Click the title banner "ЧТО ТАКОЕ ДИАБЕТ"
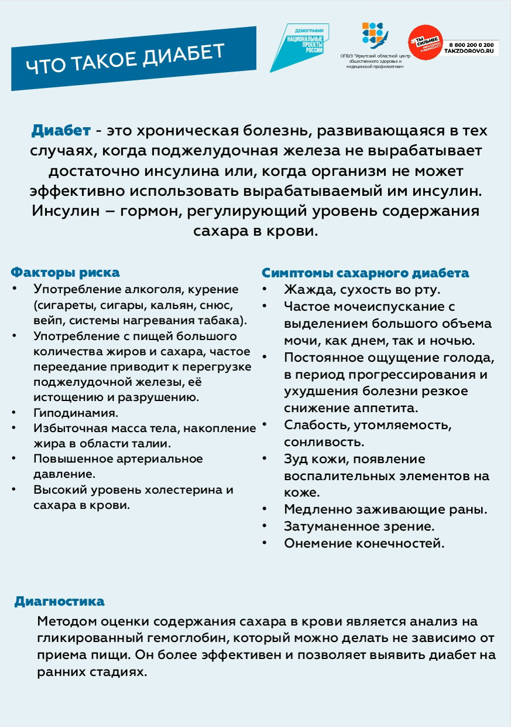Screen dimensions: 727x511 126,59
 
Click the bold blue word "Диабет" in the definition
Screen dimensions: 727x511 61,130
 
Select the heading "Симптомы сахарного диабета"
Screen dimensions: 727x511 365,273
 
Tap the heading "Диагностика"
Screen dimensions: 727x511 59,602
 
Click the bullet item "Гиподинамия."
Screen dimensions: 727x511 76,413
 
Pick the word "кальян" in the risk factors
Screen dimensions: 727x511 171,305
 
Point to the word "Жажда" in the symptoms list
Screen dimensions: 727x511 304,290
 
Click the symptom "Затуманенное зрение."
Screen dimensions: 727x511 359,526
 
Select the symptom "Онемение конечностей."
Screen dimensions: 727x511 364,543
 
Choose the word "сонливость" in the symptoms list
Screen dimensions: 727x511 324,441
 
